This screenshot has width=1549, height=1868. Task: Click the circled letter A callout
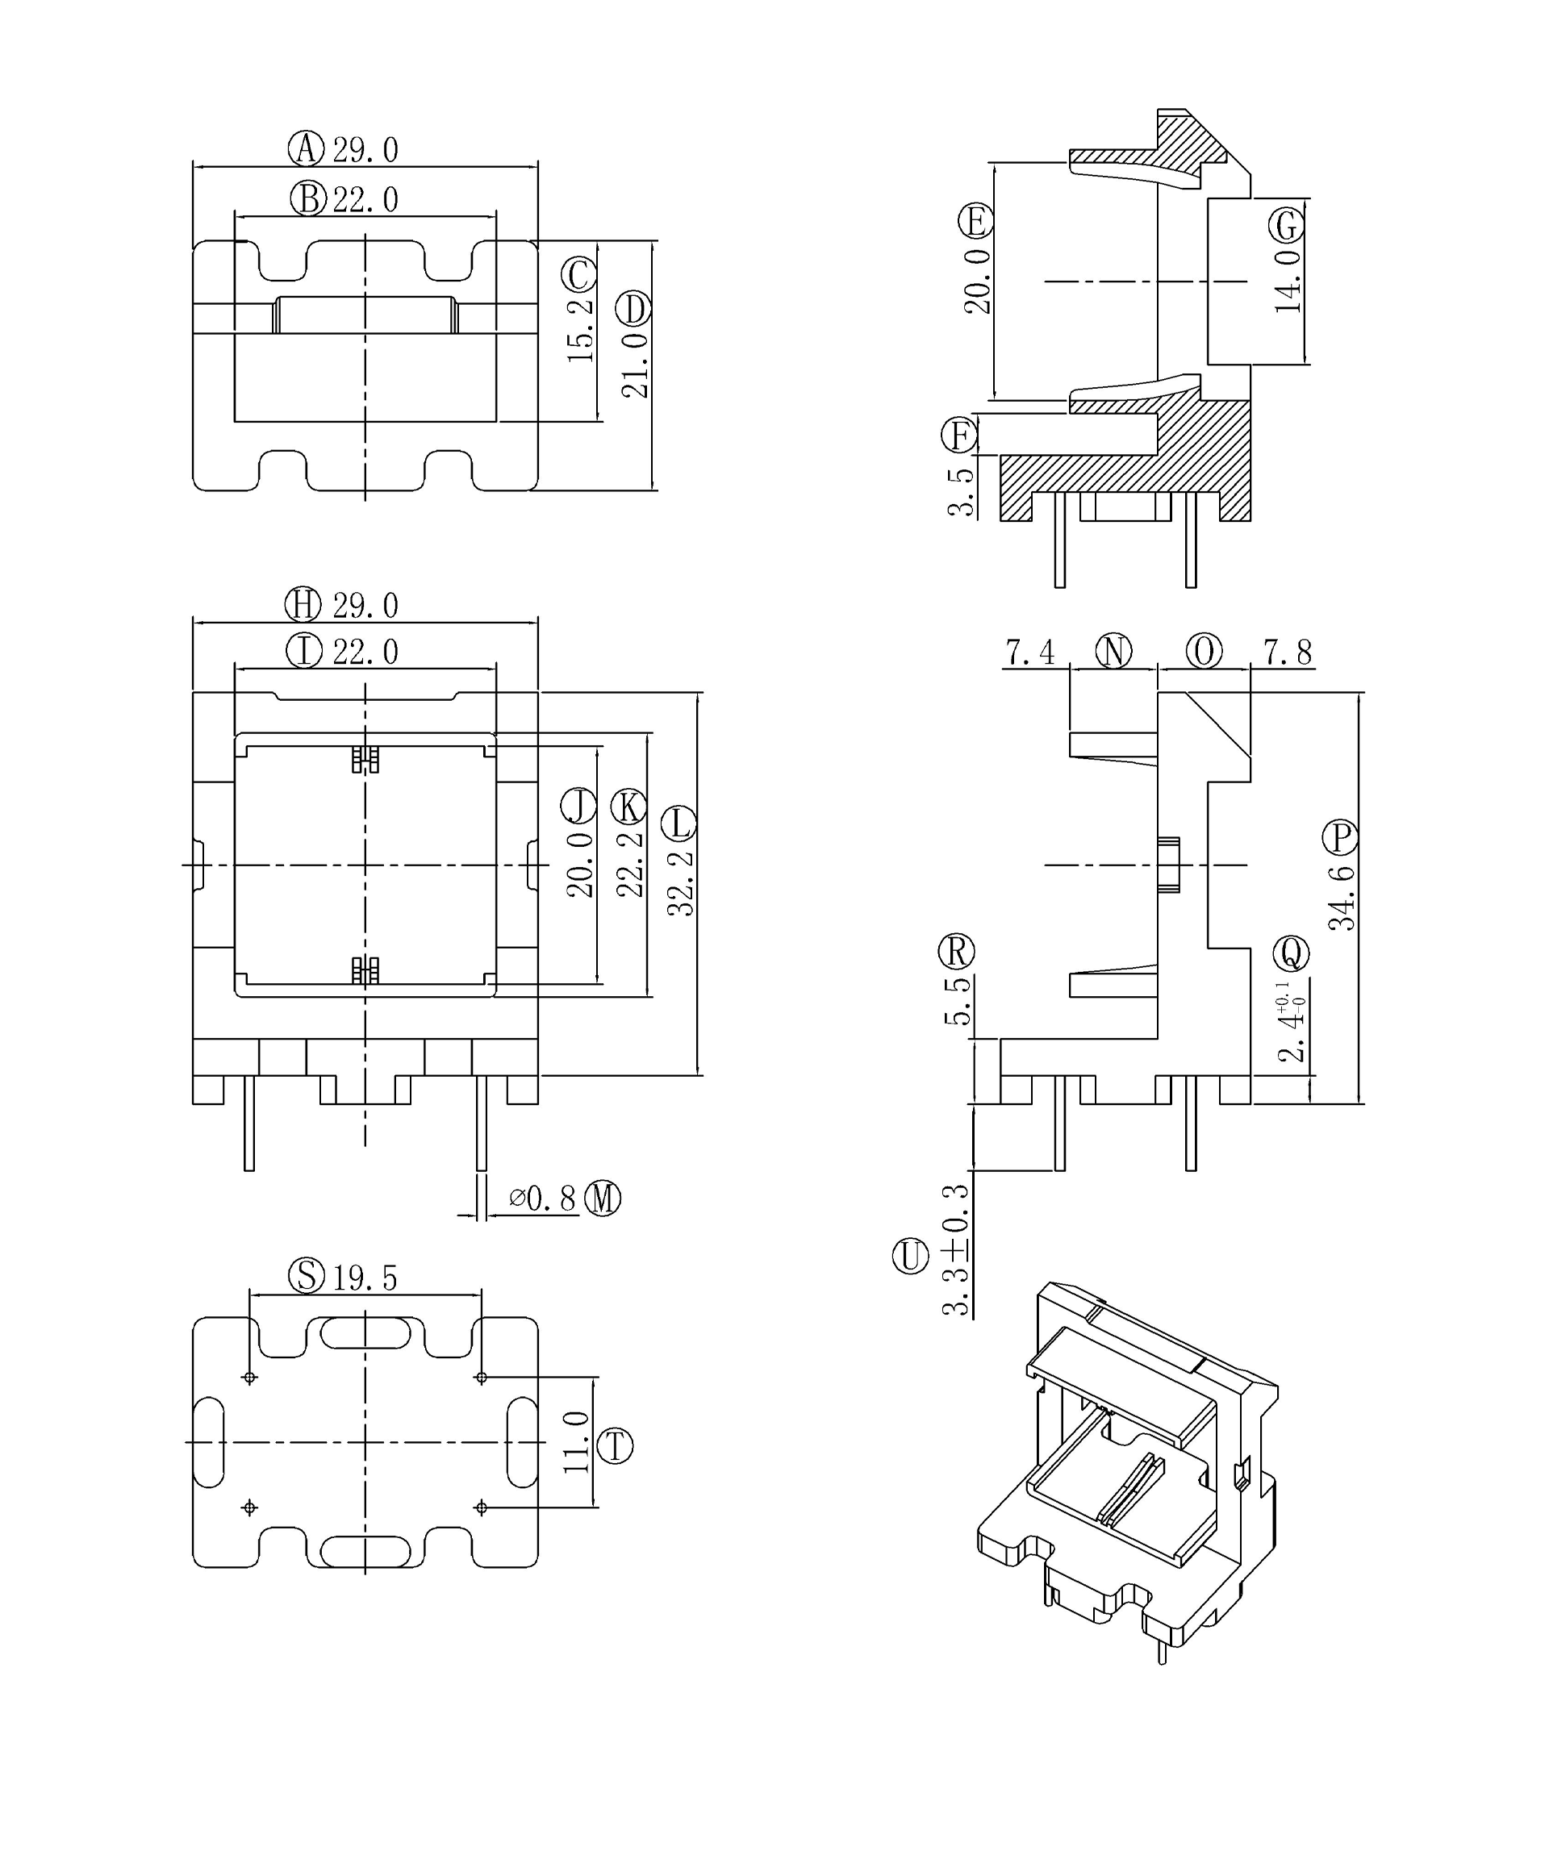point(306,148)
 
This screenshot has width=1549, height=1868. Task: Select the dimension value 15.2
point(580,330)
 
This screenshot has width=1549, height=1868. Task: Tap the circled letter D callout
point(633,309)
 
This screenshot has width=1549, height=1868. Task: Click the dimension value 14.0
point(1288,281)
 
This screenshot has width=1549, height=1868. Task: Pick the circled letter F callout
point(959,436)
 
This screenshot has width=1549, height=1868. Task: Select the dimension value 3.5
point(961,492)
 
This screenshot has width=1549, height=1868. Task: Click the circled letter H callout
point(303,605)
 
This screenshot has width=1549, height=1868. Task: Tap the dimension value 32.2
point(681,883)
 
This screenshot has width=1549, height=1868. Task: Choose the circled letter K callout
point(629,807)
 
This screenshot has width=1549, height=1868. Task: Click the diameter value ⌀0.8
point(542,1199)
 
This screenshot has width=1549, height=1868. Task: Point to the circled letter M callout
point(603,1199)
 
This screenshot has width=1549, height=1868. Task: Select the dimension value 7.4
point(1029,653)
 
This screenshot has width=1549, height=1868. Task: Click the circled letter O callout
point(1204,652)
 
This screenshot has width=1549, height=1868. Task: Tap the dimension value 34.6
point(1342,899)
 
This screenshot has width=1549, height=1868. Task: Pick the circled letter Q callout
point(1291,953)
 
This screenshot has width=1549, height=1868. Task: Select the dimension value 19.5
point(365,1278)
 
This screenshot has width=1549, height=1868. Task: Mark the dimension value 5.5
point(958,1002)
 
